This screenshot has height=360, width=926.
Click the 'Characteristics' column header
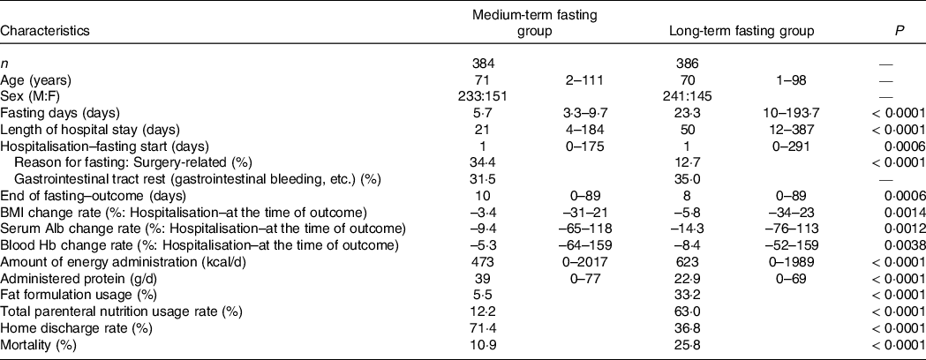(45, 31)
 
